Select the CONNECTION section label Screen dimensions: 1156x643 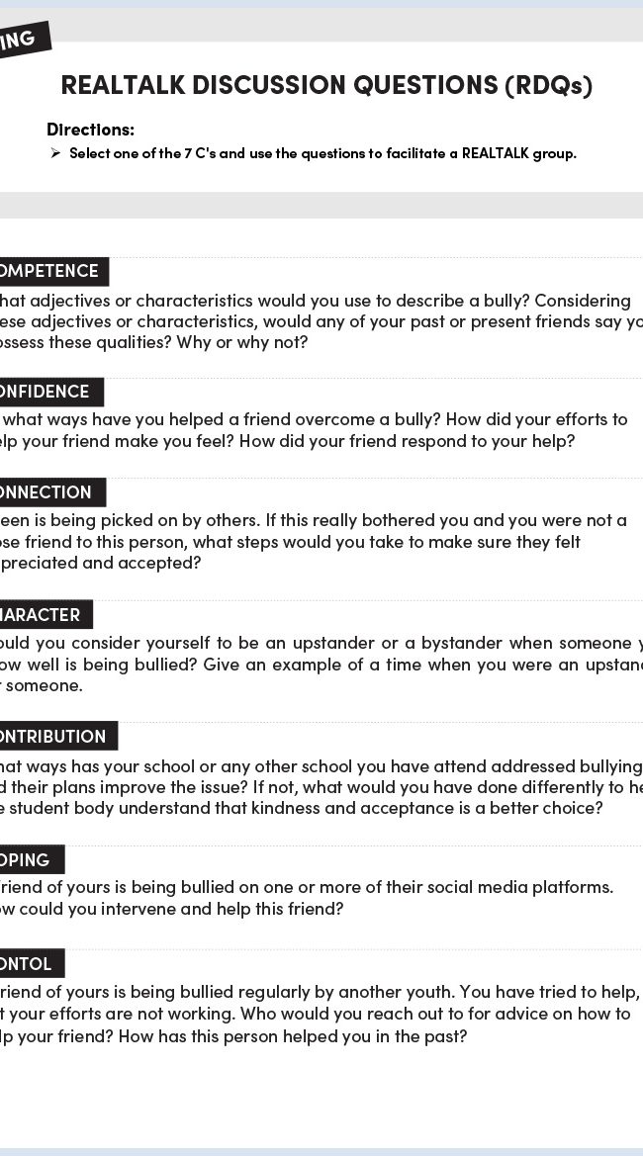pyautogui.click(x=48, y=492)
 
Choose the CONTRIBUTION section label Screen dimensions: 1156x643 pyautogui.click(x=55, y=737)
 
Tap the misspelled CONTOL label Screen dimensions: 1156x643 pyautogui.click(x=29, y=963)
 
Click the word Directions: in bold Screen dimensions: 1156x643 pyautogui.click(x=90, y=130)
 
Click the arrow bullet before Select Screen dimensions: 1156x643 pyautogui.click(x=56, y=153)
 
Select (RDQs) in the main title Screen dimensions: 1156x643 pyautogui.click(x=548, y=86)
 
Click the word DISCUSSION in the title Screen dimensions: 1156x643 pyautogui.click(x=260, y=86)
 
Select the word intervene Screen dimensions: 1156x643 pyautogui.click(x=147, y=909)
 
